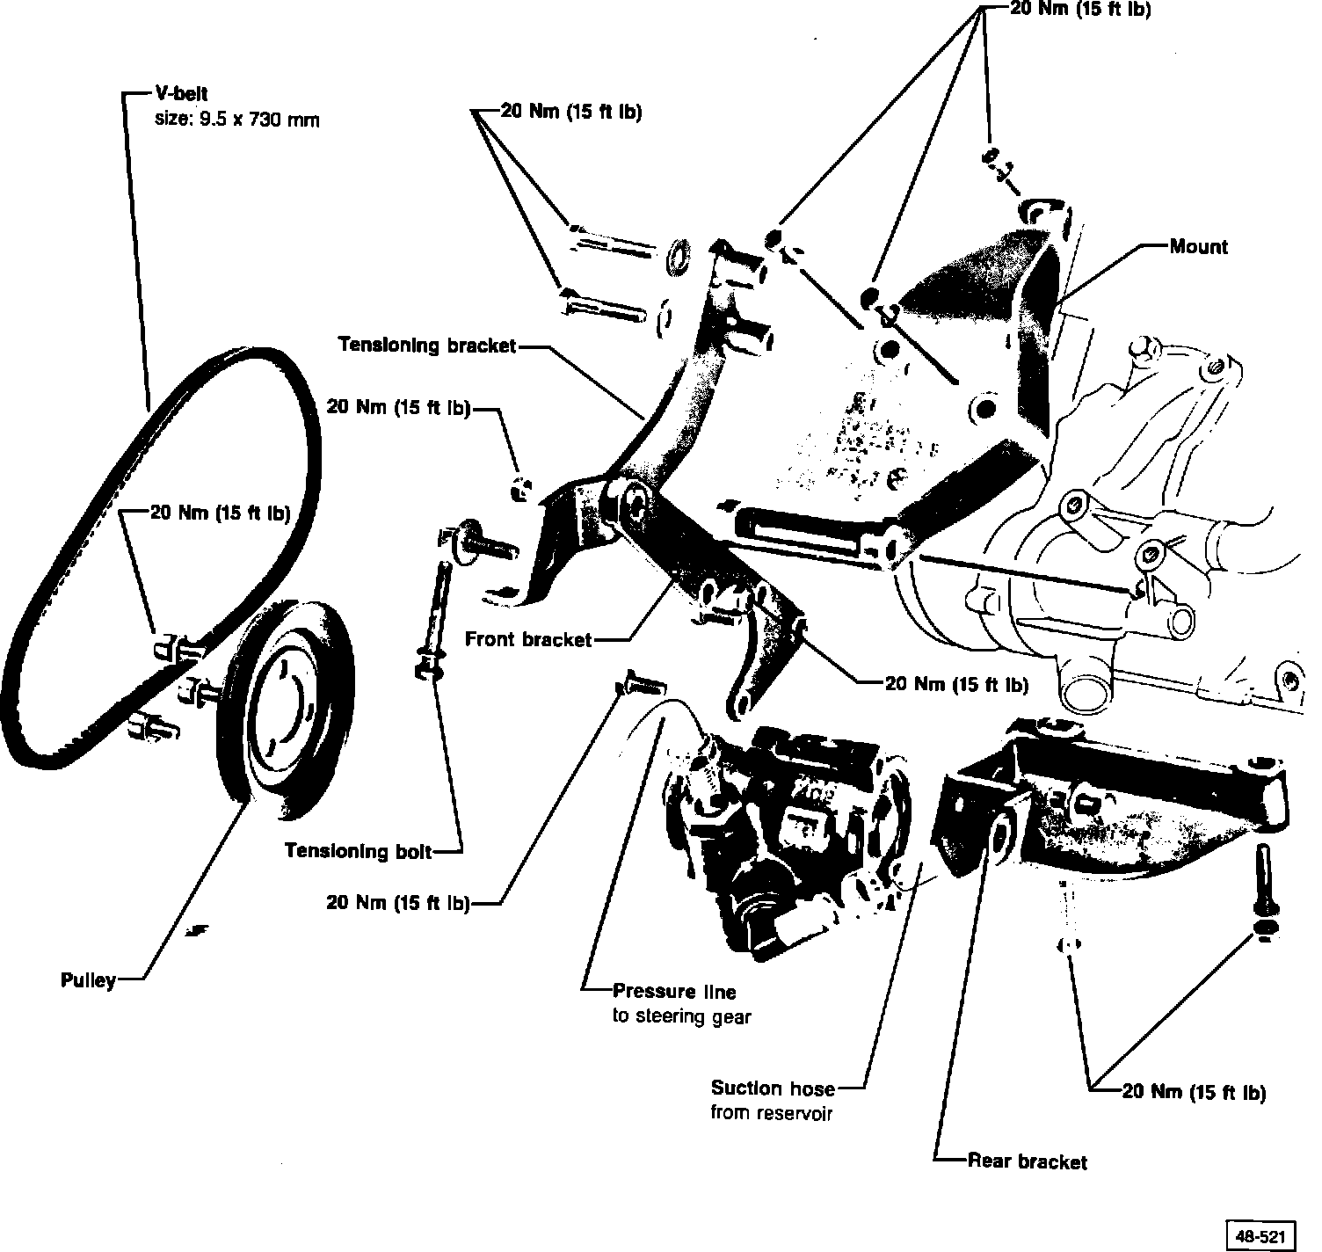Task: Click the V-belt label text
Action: coord(182,94)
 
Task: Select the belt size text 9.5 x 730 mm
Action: coord(236,119)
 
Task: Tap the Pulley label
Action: coord(89,979)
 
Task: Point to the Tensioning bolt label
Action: coord(359,851)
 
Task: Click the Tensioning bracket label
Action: coord(427,346)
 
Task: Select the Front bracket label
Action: coord(528,639)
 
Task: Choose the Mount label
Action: coord(1198,247)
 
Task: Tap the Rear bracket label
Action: coord(1027,1162)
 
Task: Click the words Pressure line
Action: coord(674,992)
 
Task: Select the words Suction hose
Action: coord(773,1088)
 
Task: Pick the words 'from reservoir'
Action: coord(771,1113)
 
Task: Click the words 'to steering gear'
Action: coord(681,1016)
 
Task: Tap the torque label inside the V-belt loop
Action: coord(220,513)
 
